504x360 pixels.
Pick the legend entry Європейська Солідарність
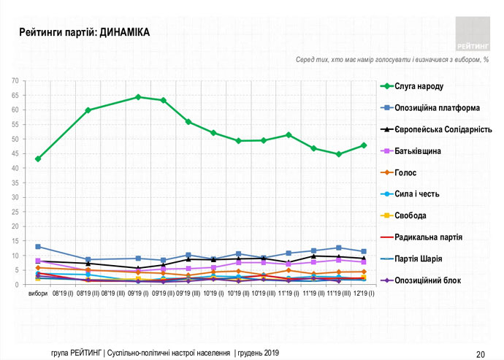[x=438, y=130]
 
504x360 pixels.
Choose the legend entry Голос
[x=409, y=173]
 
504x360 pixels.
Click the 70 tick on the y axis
[x=15, y=80]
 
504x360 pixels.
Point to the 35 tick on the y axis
[x=15, y=183]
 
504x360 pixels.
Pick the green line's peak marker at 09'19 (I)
[x=138, y=96]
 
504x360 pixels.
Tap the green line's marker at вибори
[x=38, y=158]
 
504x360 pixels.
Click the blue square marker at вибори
[x=38, y=247]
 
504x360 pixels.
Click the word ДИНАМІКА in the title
[x=121, y=33]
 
